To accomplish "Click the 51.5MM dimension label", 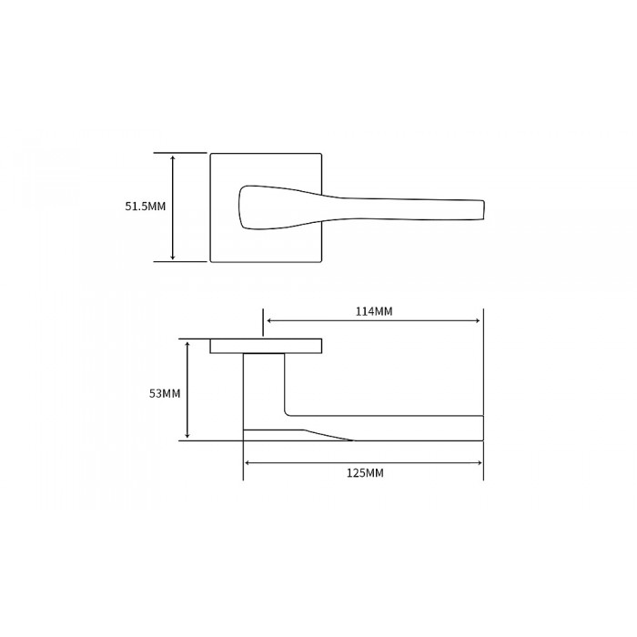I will tap(146, 207).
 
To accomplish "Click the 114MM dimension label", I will tap(373, 311).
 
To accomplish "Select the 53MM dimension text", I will tap(165, 393).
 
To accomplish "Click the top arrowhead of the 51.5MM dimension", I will tap(173, 157).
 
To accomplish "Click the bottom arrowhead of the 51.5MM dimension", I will tap(173, 258).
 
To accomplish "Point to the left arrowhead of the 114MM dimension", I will tap(268, 320).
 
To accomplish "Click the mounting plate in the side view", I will tap(266, 346).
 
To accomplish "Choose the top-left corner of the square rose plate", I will tap(212, 155).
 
